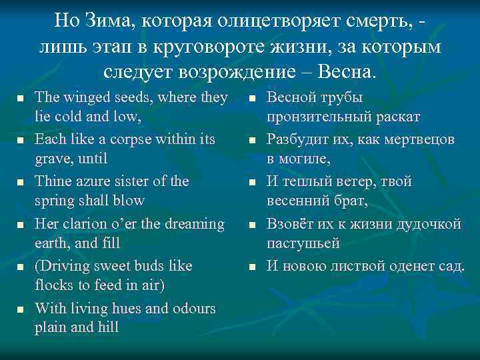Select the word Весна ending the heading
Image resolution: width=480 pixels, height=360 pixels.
348,69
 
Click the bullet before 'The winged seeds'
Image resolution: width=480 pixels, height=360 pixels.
19,98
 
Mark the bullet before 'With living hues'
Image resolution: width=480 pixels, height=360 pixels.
19,309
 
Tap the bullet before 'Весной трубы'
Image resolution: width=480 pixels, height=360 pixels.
252,98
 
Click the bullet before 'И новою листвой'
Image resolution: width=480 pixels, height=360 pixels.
252,267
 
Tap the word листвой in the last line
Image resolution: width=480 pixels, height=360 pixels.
363,266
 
